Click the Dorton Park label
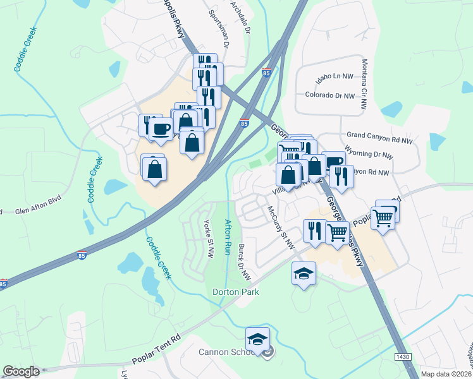click(x=236, y=292)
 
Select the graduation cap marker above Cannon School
click(x=257, y=340)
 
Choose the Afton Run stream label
click(x=228, y=236)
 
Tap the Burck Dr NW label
click(x=244, y=263)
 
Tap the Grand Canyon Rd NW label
click(x=379, y=135)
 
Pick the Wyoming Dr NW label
click(x=370, y=154)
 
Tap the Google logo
click(x=21, y=371)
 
